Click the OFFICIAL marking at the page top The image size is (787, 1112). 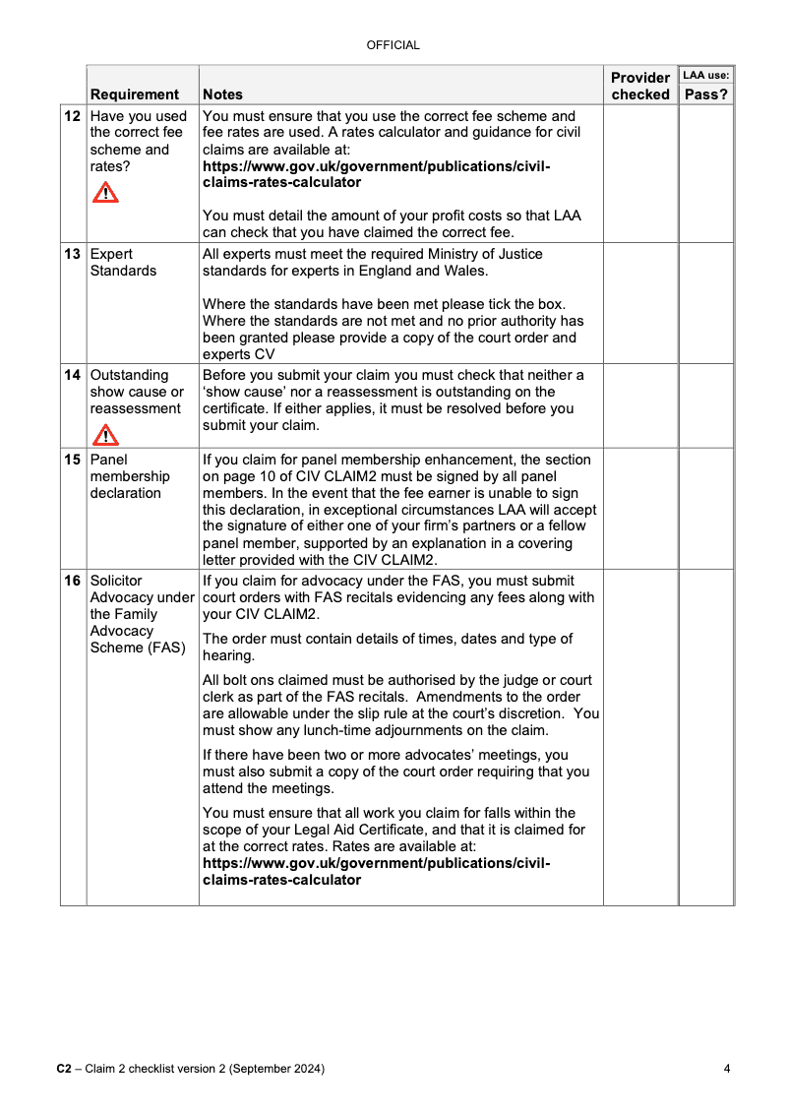[393, 45]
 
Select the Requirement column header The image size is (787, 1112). [135, 94]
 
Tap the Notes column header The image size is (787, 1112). [222, 94]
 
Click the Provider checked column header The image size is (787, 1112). [640, 86]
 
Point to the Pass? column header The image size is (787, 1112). [706, 94]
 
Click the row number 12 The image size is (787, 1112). [73, 116]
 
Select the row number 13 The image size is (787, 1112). [73, 254]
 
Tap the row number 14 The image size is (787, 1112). [73, 375]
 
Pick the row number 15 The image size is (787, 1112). [73, 460]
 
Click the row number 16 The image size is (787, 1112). [73, 581]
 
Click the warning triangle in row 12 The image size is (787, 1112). [105, 193]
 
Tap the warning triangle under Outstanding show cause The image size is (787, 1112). [105, 434]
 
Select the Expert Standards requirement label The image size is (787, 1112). [123, 263]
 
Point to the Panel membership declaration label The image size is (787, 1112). [130, 476]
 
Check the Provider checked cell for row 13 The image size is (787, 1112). [640, 303]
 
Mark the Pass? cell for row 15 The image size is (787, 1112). [706, 508]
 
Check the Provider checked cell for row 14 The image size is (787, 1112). [640, 405]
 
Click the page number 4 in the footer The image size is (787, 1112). [726, 1069]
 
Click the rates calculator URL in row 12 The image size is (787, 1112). [376, 174]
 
